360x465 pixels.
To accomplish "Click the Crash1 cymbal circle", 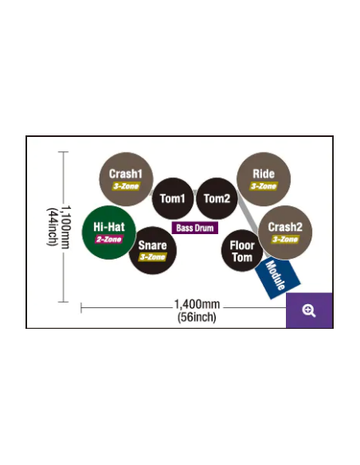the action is coord(126,179).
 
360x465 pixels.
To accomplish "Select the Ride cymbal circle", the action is coord(264,179).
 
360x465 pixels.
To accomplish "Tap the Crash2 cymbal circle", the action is coord(285,232).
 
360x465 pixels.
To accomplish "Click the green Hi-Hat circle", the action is coord(109,232).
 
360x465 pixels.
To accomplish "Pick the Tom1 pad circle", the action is coord(173,198).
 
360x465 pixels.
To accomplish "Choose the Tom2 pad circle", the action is coord(217,198).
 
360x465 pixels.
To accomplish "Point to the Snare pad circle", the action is coord(153,251).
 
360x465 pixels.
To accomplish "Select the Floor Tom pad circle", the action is coord(242,251).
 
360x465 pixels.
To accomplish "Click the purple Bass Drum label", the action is coord(195,228).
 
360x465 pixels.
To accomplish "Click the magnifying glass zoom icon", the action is coord(309,311).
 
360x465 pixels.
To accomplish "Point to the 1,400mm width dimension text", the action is coord(197,304).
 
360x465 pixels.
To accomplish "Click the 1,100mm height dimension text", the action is coord(66,227).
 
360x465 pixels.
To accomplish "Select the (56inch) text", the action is coord(197,317).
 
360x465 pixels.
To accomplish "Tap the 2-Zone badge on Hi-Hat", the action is coord(109,240).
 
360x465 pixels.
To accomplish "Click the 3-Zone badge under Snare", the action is coord(152,257).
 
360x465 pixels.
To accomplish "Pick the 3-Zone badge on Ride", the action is coord(264,186).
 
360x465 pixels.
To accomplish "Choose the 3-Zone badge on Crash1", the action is coord(126,186).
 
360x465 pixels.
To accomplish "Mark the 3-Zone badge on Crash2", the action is coord(285,240).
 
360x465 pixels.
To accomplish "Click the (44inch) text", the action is coord(52,227).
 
